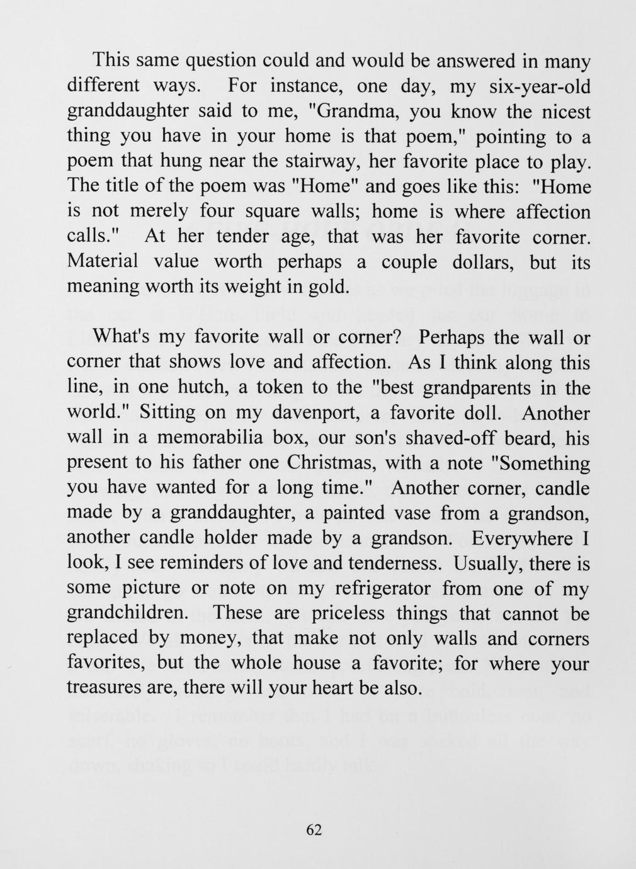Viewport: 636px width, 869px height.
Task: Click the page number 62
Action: [314, 830]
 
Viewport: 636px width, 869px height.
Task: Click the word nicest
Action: [562, 111]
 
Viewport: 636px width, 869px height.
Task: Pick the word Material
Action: [101, 261]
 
